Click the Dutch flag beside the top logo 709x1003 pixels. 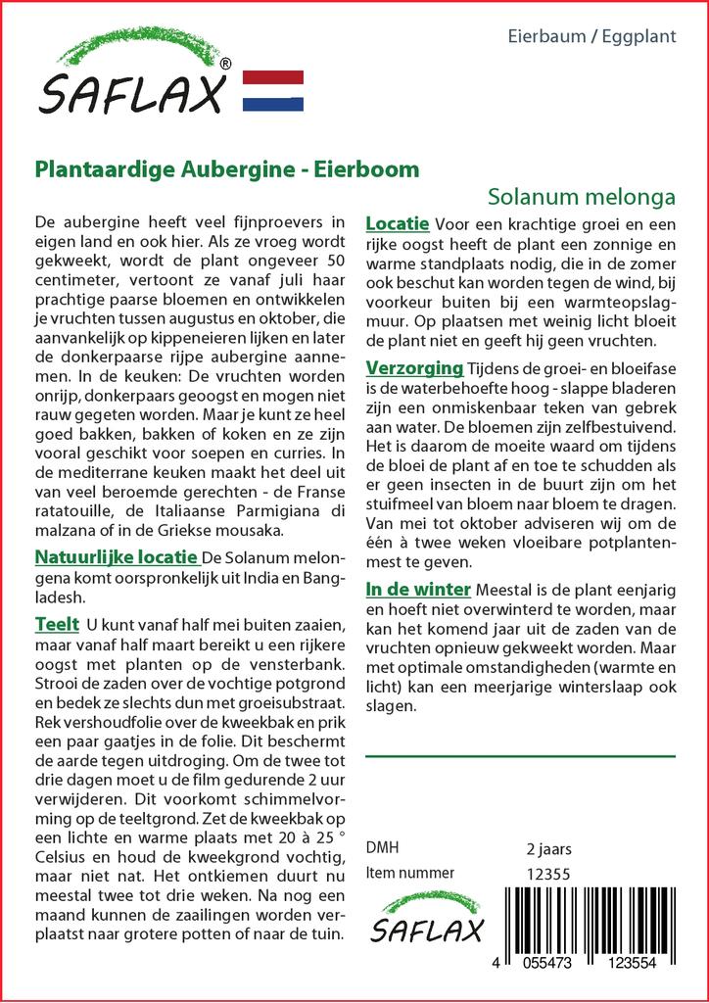[272, 91]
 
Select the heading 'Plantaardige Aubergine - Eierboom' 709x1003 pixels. [227, 168]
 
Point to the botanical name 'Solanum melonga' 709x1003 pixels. [581, 195]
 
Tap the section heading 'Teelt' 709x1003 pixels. [56, 624]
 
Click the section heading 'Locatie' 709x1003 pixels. [397, 224]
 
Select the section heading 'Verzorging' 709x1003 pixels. [414, 368]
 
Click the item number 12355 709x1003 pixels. [547, 874]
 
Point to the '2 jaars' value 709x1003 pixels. [548, 848]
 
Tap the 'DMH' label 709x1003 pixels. [382, 848]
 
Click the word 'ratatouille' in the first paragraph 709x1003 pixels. [77, 511]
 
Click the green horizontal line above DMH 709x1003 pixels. [520, 756]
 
